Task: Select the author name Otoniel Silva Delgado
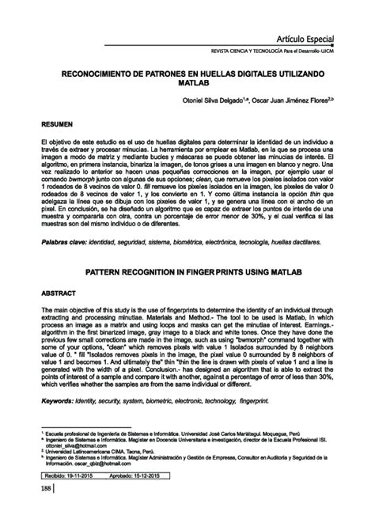point(233,101)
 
